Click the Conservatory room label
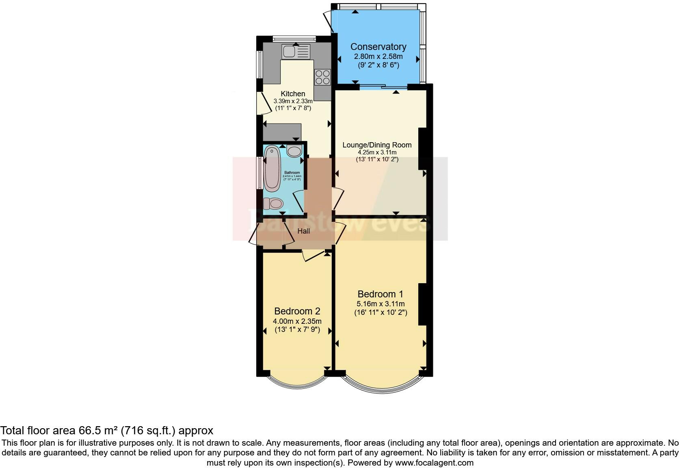click(x=378, y=47)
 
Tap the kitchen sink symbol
click(x=296, y=51)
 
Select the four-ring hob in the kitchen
click(x=323, y=77)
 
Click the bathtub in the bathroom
click(x=272, y=169)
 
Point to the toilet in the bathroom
click(x=273, y=203)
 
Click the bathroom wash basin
click(x=294, y=151)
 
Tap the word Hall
click(x=304, y=231)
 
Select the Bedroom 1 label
click(x=380, y=294)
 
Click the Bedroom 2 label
click(x=297, y=311)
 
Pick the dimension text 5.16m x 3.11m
click(x=381, y=303)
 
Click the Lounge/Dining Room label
click(x=377, y=145)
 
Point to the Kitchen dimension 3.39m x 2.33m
click(x=293, y=101)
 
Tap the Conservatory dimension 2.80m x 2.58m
click(x=378, y=57)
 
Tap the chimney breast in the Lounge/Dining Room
click(x=422, y=148)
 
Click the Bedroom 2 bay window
click(x=298, y=382)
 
